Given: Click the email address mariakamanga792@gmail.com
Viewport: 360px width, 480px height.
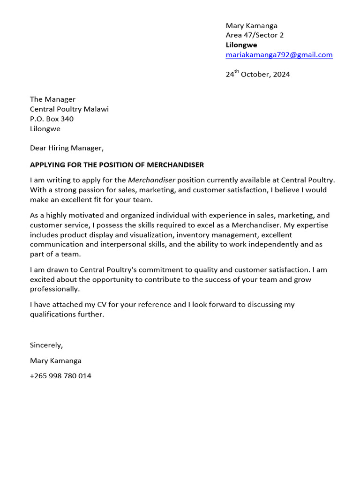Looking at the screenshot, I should (x=279, y=55).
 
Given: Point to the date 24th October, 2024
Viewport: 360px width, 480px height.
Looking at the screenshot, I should (x=257, y=75).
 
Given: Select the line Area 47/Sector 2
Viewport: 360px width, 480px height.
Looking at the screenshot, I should (x=255, y=35).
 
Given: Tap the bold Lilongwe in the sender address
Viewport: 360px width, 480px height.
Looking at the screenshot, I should (x=241, y=45).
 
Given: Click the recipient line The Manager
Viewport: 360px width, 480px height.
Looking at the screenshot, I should (x=52, y=99).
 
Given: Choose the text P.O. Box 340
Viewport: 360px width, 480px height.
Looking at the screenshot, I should (x=52, y=119).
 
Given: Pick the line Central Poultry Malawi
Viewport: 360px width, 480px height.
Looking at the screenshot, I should (x=69, y=109).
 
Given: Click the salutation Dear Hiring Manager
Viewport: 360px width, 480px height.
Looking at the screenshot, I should (x=66, y=148).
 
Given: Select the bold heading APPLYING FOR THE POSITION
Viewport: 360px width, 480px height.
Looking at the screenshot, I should (x=117, y=165).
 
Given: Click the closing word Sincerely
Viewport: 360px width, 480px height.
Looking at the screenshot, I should (x=46, y=345).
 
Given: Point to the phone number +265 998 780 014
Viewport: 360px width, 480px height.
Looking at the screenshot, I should (x=60, y=376).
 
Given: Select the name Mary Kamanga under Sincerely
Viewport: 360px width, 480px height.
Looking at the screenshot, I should (x=55, y=361).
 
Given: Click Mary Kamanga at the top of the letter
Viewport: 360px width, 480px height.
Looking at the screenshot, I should (x=251, y=25).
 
